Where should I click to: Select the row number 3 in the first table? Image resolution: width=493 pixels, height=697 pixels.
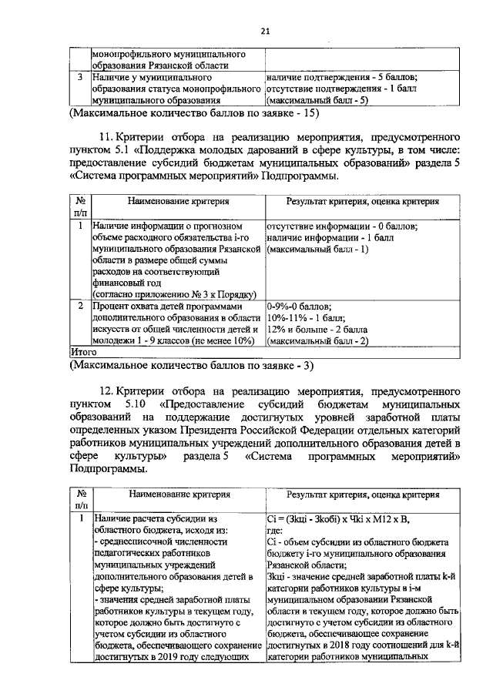click(x=80, y=78)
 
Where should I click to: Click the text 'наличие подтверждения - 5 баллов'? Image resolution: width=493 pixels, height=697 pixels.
click(x=341, y=78)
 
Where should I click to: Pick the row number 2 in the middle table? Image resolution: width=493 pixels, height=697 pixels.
click(x=80, y=307)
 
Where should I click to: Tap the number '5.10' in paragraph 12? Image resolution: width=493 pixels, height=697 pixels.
click(x=132, y=404)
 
